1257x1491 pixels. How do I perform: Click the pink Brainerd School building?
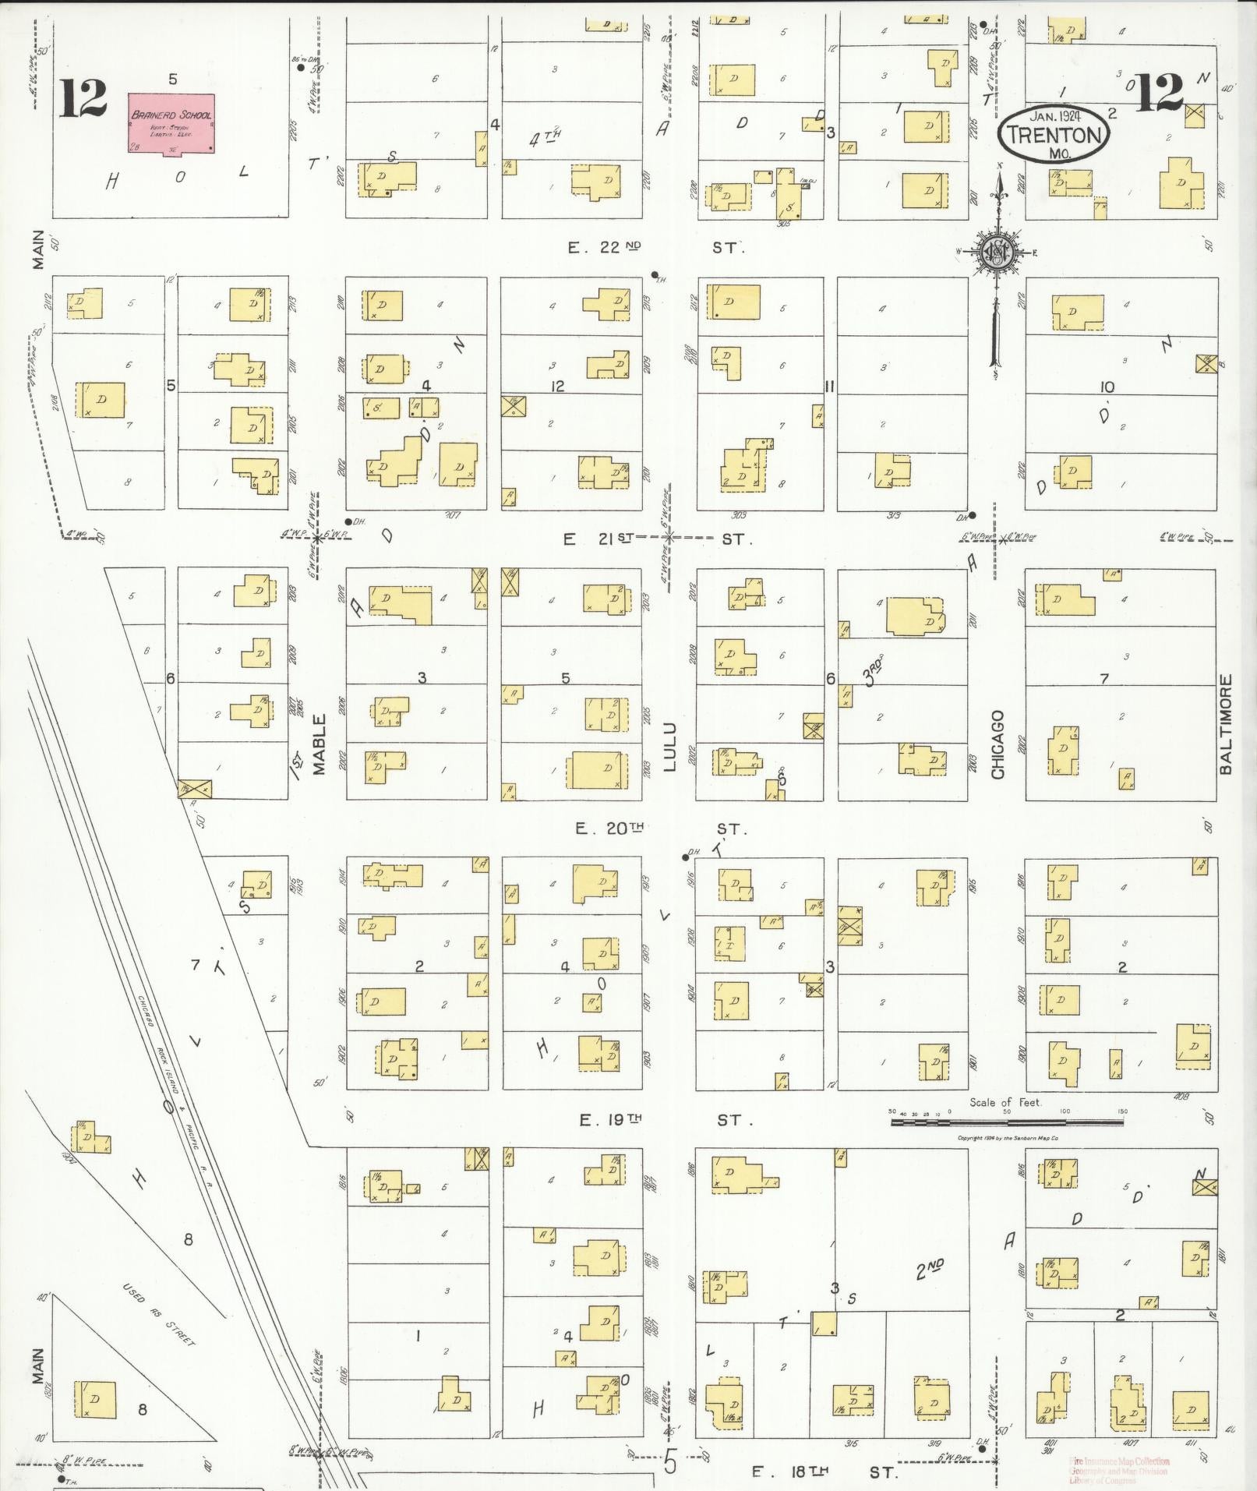pyautogui.click(x=171, y=123)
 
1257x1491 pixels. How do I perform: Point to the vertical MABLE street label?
pyautogui.click(x=319, y=744)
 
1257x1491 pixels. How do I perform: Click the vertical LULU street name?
pyautogui.click(x=670, y=747)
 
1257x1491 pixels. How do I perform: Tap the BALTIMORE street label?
pyautogui.click(x=1226, y=725)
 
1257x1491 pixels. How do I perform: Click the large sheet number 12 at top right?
pyautogui.click(x=1160, y=92)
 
